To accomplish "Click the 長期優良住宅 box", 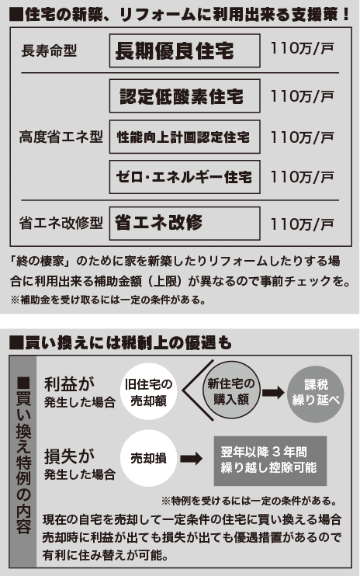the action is coord(185,50).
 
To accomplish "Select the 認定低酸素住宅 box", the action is coord(185,96).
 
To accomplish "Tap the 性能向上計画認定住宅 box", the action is coord(185,137).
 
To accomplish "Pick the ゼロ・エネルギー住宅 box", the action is coord(185,177).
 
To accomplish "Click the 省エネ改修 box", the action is coord(185,224).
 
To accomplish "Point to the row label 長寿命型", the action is coord(49,50).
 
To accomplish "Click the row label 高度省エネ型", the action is coord(61,137).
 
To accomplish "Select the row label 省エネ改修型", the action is coord(61,223).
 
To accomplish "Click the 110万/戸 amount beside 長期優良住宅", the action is coord(302,48).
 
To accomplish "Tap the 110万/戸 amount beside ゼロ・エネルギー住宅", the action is coord(302,177).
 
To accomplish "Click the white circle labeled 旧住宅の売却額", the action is coord(149,391).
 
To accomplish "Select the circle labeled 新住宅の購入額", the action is coord(231,391).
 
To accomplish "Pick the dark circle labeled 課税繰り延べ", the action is coord(316,393).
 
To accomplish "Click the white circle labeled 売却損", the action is coord(149,459).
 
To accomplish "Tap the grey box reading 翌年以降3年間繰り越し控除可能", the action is coord(270,460).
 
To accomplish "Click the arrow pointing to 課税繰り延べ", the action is coord(273,392).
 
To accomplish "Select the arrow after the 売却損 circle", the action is coord(191,459).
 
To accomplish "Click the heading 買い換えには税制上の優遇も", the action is coord(121,343).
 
